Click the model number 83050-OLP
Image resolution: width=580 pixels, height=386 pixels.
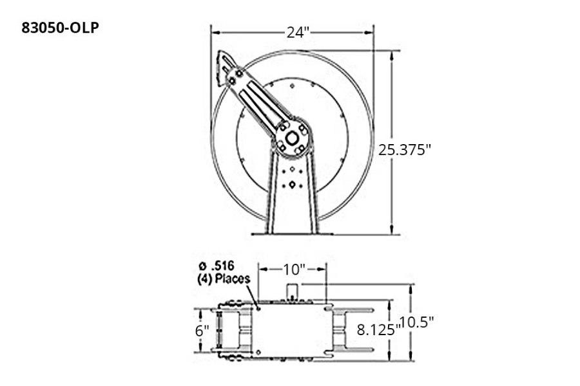(x=61, y=28)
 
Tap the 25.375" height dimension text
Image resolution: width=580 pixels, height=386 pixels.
(x=404, y=150)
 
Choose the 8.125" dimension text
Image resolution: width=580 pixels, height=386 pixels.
(x=378, y=329)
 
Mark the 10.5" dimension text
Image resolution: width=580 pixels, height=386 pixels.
(x=416, y=322)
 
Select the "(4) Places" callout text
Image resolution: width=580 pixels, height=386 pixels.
(x=222, y=279)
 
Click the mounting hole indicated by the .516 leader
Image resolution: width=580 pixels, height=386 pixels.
(x=258, y=308)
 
